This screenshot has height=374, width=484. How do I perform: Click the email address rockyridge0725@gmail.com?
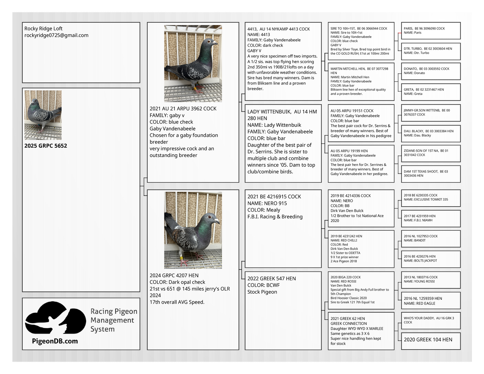click(x=56, y=35)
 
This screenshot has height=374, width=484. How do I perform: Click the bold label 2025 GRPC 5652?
click(x=46, y=146)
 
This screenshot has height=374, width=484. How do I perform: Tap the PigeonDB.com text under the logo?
click(x=55, y=341)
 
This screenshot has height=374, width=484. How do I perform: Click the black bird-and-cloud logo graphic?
click(x=55, y=318)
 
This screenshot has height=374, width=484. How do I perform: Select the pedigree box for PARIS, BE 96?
click(x=431, y=30)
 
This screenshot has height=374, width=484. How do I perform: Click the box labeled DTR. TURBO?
click(x=431, y=51)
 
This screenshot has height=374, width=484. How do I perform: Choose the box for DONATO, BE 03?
click(x=431, y=71)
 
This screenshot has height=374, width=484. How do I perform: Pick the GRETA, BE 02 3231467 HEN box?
click(x=431, y=92)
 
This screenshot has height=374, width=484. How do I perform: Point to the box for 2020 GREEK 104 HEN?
click(x=431, y=340)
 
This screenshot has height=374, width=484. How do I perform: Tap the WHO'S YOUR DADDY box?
click(x=431, y=320)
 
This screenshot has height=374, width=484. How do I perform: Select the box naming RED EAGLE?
click(x=431, y=301)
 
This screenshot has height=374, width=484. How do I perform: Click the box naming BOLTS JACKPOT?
click(x=431, y=258)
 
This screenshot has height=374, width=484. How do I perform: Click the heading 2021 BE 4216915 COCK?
click(x=274, y=197)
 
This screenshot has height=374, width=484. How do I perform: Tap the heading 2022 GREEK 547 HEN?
click(x=271, y=279)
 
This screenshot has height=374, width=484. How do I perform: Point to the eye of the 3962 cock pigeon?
click(x=209, y=42)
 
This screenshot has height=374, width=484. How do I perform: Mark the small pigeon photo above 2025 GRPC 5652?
click(x=43, y=115)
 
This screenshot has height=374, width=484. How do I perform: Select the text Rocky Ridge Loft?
click(x=43, y=28)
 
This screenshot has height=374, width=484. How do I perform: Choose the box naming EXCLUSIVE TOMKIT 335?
click(x=431, y=198)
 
